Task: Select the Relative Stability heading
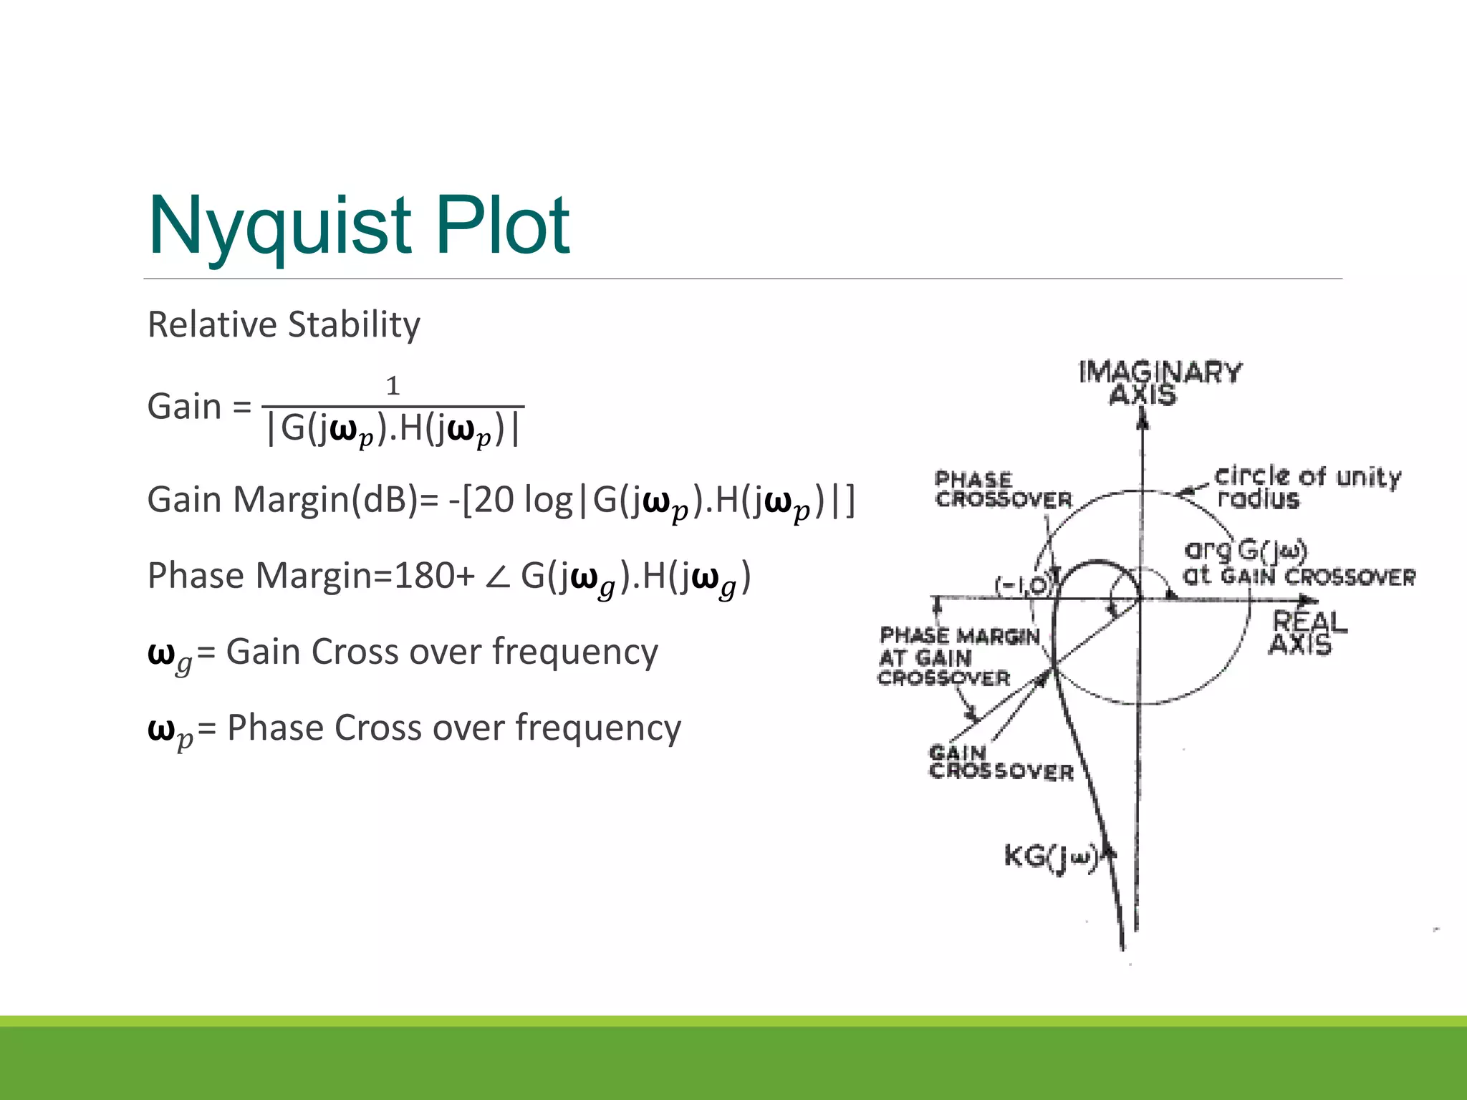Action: [284, 324]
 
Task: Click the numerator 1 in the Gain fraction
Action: [393, 386]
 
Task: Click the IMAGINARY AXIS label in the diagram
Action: [1160, 383]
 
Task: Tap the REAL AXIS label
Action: [1307, 633]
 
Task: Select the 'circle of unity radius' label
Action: [1307, 487]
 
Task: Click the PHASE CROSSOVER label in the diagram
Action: [1003, 490]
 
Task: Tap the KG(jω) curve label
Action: [1051, 857]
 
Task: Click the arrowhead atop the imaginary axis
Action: [1143, 419]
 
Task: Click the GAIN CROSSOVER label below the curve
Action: [1001, 762]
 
